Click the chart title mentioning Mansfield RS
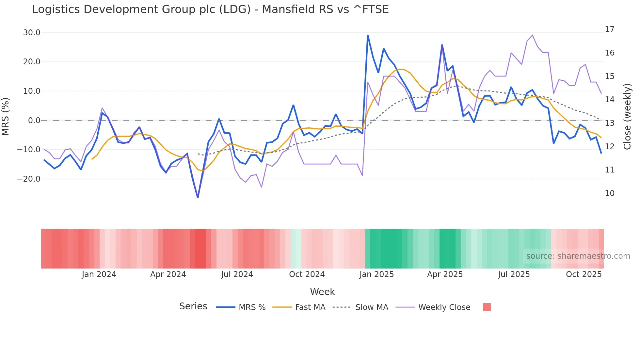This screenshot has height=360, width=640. (x=210, y=9)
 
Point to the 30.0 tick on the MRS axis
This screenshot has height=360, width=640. (x=32, y=33)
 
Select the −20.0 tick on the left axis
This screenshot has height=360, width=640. (x=29, y=179)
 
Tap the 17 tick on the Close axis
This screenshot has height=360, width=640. (x=609, y=29)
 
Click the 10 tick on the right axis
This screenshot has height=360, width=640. (x=609, y=193)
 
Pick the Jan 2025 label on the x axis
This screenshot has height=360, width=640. (x=376, y=274)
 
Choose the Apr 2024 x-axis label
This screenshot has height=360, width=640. (x=168, y=274)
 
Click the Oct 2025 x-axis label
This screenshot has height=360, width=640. (x=584, y=274)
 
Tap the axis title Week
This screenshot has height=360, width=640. (x=322, y=292)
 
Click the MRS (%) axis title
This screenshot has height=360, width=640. (x=6, y=117)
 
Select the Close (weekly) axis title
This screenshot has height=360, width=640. (x=627, y=117)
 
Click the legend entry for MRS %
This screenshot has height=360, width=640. (x=252, y=307)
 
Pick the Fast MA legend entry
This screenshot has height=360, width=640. (x=310, y=307)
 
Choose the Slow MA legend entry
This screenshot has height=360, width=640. (x=372, y=307)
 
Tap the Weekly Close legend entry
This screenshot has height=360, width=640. (x=444, y=307)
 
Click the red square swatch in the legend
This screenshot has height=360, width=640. (x=487, y=307)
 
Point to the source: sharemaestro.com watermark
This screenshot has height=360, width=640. (x=578, y=256)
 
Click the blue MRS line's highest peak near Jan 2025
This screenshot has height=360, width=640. (x=368, y=36)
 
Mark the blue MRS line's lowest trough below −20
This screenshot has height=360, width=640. (x=198, y=197)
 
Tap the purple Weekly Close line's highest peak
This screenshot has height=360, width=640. (x=532, y=35)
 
